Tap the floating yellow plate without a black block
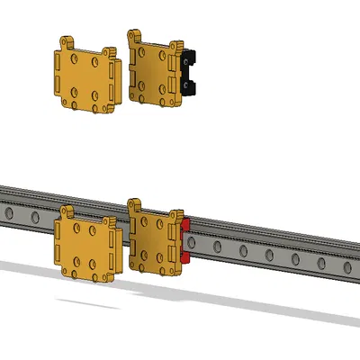tap(86, 78)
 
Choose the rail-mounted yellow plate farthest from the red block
tap(86, 245)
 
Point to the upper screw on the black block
tap(189, 59)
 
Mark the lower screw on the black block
tap(189, 85)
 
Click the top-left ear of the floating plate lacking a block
tap(67, 42)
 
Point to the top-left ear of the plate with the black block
tap(136, 36)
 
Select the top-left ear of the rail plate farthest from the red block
tap(66, 211)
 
